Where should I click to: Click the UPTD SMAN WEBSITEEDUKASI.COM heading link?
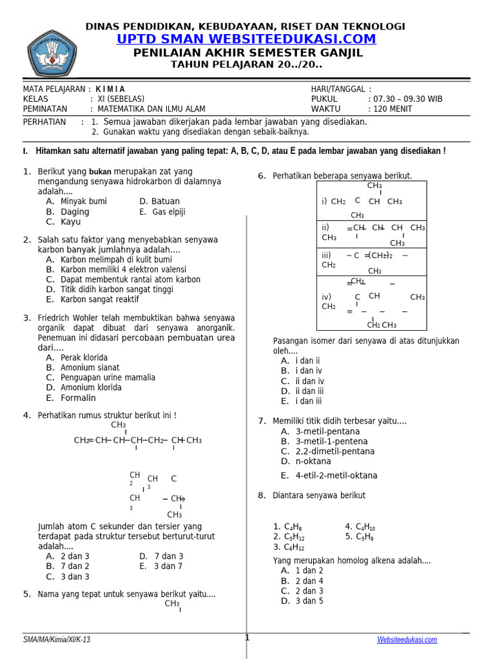coord(247,39)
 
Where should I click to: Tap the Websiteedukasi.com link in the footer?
coord(407,639)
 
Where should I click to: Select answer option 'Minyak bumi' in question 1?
coord(83,201)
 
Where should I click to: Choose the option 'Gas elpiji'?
coord(168,212)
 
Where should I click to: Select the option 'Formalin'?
coord(78,398)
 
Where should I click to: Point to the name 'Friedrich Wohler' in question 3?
coord(70,318)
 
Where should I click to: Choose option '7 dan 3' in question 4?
coord(169,556)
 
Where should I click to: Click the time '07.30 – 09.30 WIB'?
coord(405,99)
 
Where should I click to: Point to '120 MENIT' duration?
coord(390,109)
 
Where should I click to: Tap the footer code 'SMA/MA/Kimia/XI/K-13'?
coord(57,639)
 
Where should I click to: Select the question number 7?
coord(262,421)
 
